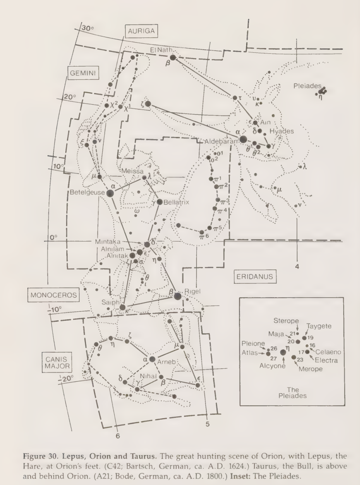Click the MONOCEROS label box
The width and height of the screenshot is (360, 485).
[53, 295]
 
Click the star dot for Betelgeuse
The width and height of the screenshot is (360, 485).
[110, 193]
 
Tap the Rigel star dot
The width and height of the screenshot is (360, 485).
[178, 296]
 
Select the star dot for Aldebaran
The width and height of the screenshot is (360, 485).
[243, 139]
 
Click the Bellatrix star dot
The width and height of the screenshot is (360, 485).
[160, 202]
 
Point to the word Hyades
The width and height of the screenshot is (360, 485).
[282, 131]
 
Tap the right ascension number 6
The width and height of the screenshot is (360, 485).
[117, 436]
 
